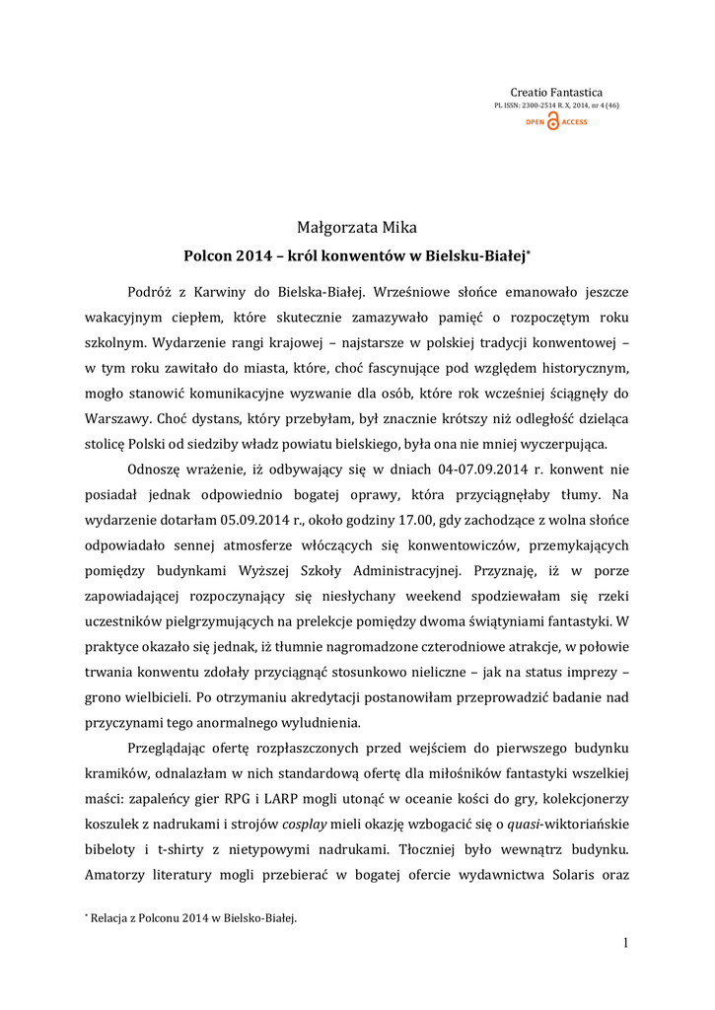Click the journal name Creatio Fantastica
click(556, 92)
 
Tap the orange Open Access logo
click(556, 121)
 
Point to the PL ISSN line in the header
click(556, 106)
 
